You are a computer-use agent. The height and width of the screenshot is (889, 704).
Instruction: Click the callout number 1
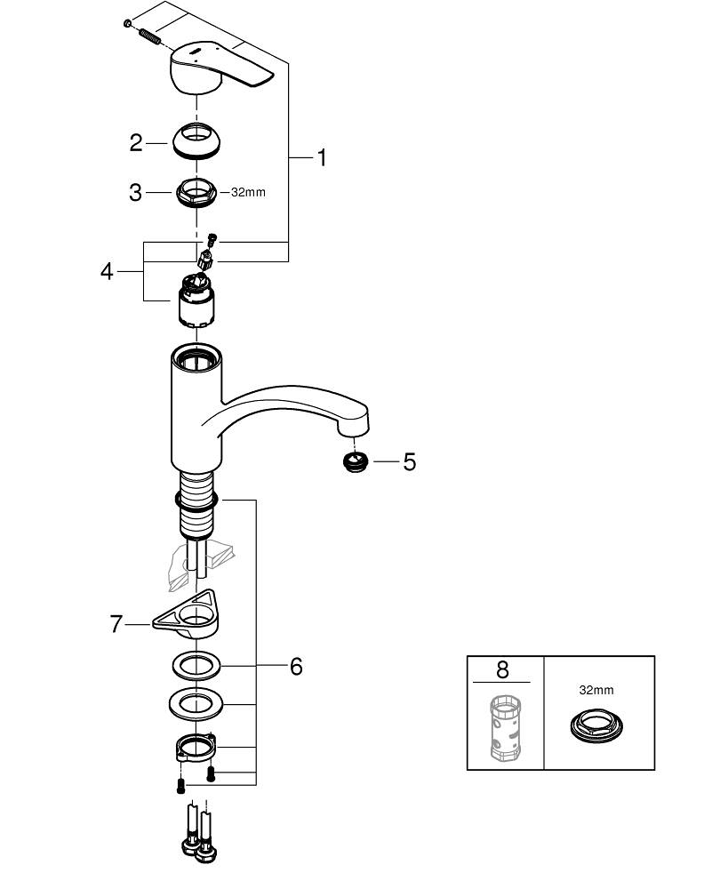click(x=322, y=158)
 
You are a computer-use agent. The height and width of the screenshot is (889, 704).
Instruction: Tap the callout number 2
click(x=135, y=142)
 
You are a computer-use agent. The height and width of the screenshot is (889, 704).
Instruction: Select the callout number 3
click(x=135, y=192)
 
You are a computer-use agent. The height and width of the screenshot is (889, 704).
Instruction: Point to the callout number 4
click(x=107, y=271)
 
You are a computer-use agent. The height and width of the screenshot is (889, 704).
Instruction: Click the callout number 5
click(x=409, y=461)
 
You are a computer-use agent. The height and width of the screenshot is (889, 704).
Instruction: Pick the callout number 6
click(x=296, y=666)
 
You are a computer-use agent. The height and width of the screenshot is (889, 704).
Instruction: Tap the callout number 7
click(x=116, y=624)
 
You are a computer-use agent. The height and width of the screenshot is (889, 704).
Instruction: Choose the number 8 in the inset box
click(x=503, y=669)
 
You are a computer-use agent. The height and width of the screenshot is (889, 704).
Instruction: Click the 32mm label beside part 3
click(x=248, y=192)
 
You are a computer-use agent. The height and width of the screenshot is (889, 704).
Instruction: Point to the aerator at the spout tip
click(x=356, y=461)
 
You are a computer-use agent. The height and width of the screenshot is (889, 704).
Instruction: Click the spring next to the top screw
click(x=149, y=36)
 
